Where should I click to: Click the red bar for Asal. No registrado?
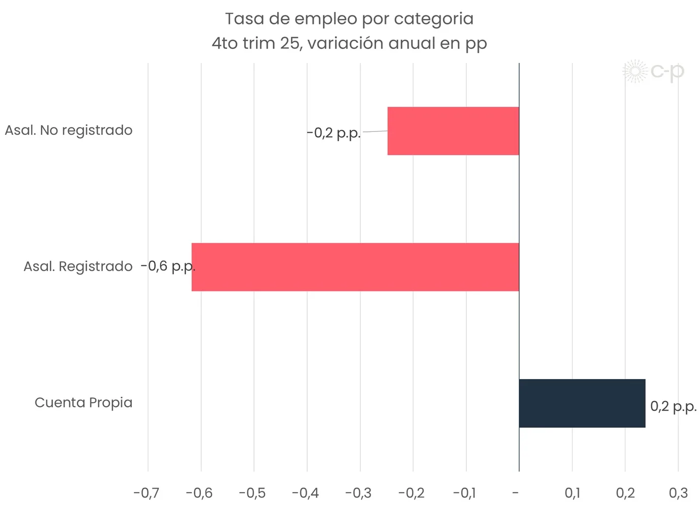pos(453,131)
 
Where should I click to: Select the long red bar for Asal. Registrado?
pos(355,267)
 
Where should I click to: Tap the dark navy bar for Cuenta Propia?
pos(582,403)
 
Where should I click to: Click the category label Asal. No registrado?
pos(68,130)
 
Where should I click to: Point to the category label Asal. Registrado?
pos(78,266)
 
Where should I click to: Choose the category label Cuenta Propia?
pos(83,403)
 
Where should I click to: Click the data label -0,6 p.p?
pos(167,266)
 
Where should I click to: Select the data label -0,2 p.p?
pos(334,133)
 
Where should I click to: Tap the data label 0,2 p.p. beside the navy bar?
pos(673,407)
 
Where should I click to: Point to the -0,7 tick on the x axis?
pos(146,493)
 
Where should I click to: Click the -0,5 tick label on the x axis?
pos(252,493)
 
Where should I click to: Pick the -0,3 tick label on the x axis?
pos(358,493)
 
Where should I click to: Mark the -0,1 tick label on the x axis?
pos(464,493)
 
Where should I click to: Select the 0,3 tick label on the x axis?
pos(678,493)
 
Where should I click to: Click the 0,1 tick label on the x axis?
pos(572,493)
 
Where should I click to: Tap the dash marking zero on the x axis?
pos(515,493)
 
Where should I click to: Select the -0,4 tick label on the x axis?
pos(305,493)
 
